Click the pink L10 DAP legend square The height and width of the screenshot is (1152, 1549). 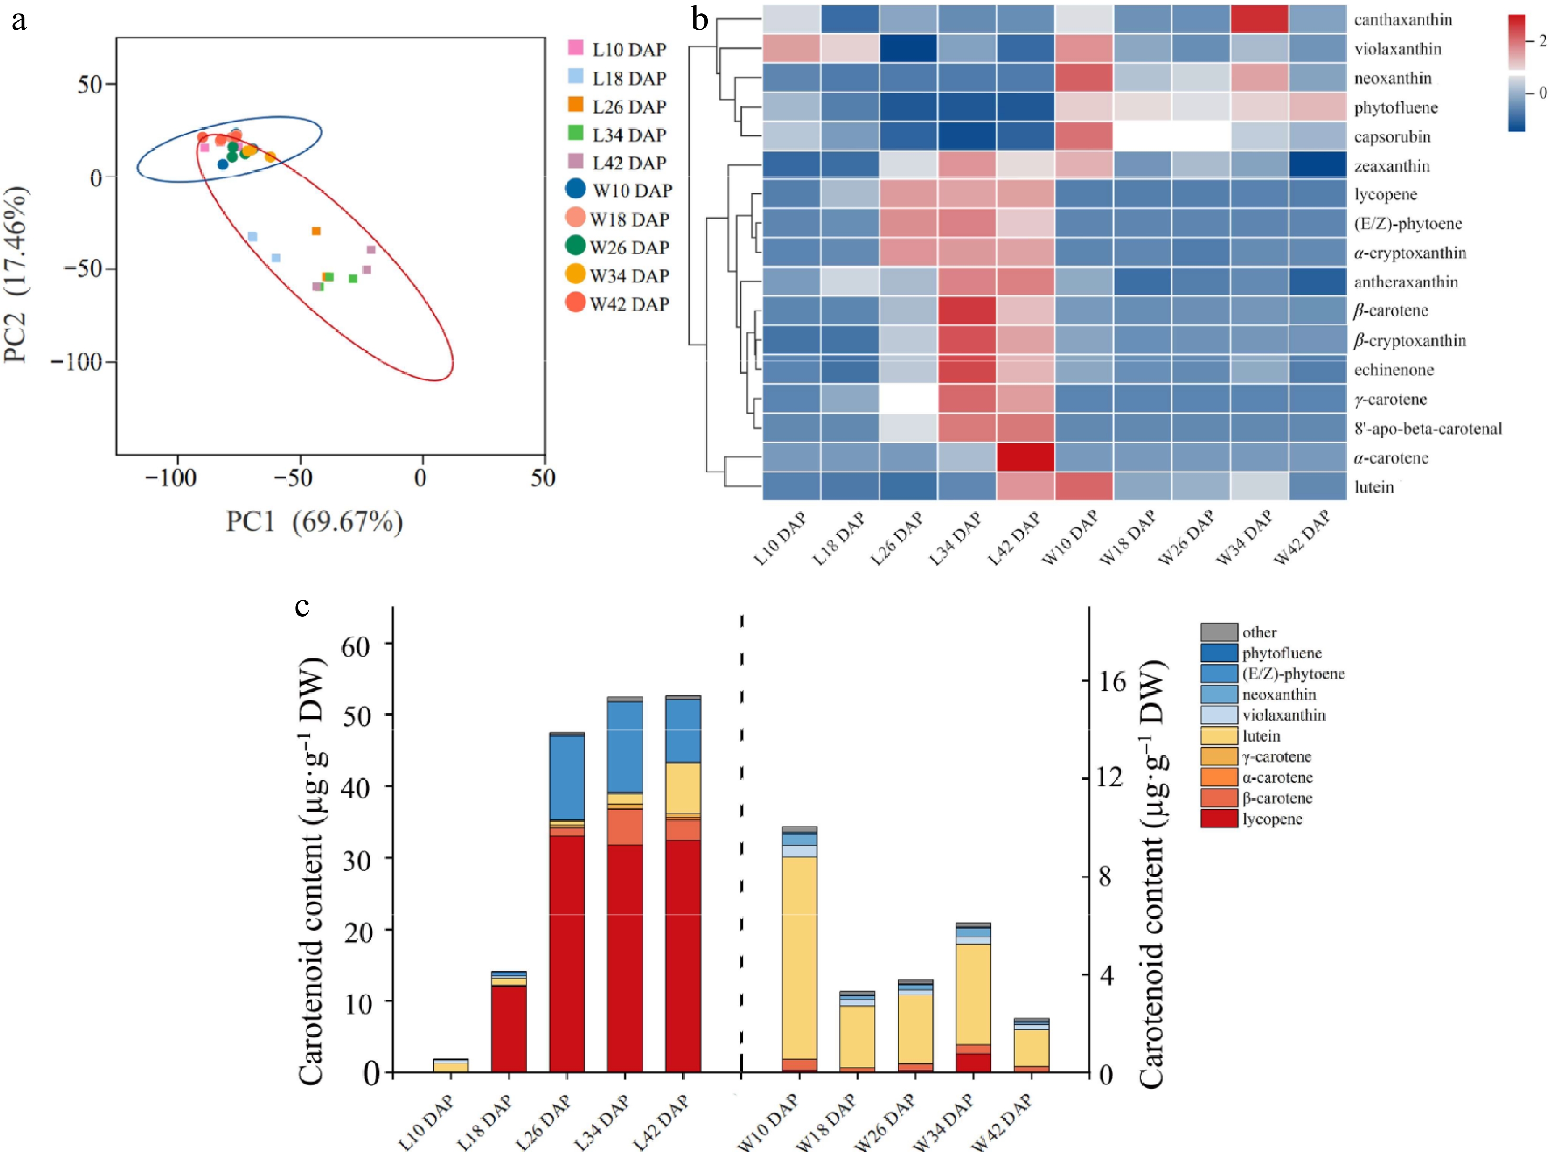point(576,48)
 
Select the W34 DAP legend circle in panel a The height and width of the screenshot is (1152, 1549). point(575,275)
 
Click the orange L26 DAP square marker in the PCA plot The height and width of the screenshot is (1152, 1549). point(316,231)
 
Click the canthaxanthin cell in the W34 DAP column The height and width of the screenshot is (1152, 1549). point(1259,19)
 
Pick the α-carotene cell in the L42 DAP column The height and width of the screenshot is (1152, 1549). point(1025,457)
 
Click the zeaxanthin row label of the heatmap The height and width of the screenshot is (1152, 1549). point(1392,166)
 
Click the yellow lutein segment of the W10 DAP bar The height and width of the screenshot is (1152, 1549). point(799,957)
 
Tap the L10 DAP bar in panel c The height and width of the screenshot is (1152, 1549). point(451,1065)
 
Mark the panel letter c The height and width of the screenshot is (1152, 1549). point(302,606)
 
